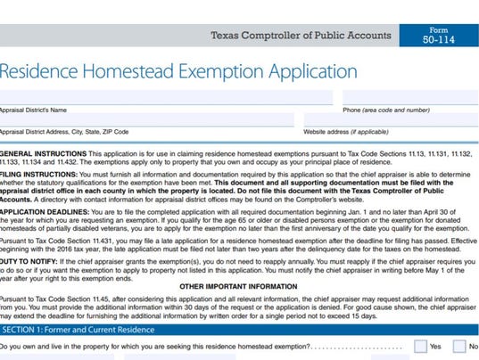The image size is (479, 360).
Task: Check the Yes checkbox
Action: pyautogui.click(x=411, y=347)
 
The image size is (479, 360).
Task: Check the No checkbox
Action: pyautogui.click(x=459, y=347)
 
